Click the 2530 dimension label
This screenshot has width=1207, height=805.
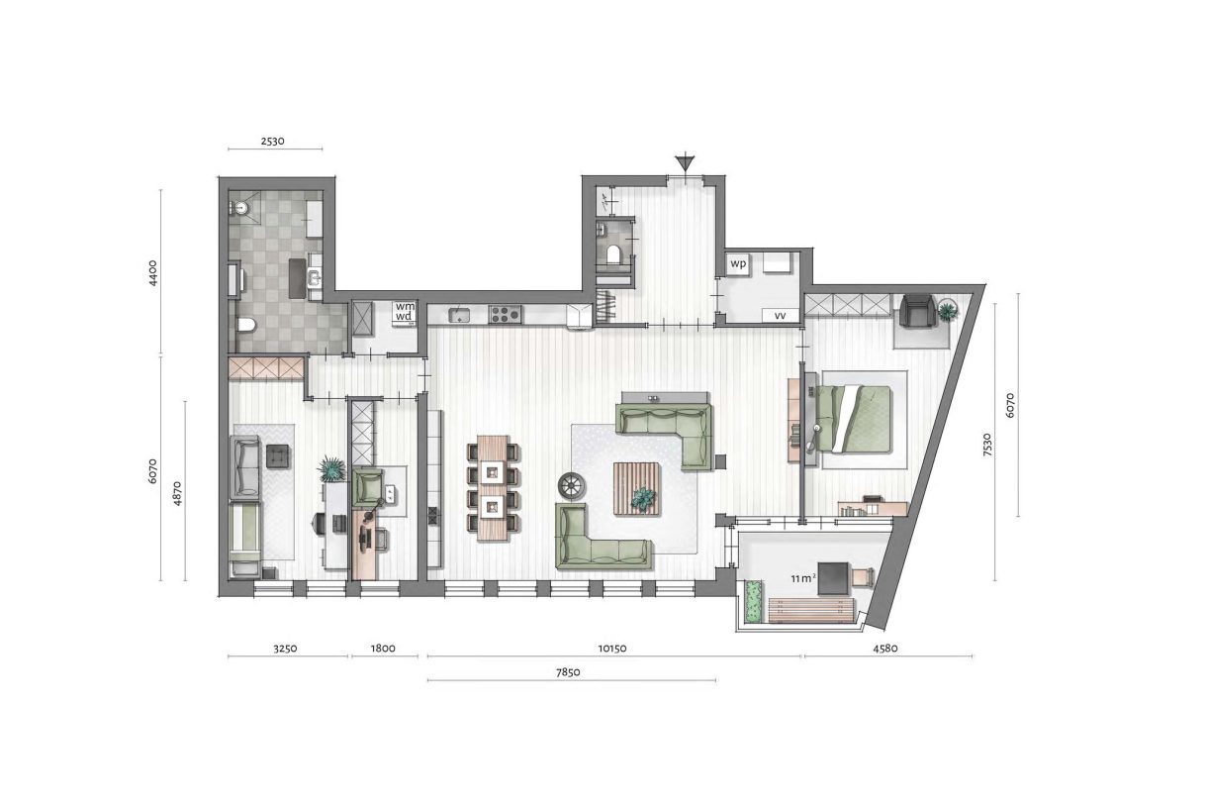(x=272, y=141)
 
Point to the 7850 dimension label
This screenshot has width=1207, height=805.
(x=571, y=671)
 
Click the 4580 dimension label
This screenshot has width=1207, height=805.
(x=886, y=649)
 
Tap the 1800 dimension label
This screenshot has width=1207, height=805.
(x=383, y=649)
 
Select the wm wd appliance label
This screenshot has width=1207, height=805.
(x=405, y=311)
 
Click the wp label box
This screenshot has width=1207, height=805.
(x=737, y=264)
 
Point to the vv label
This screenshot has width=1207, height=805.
(x=781, y=316)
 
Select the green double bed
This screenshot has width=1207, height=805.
(x=856, y=417)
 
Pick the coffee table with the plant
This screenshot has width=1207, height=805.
(x=637, y=488)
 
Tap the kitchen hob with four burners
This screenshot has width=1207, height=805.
(x=505, y=315)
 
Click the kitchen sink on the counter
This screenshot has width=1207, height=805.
(x=459, y=315)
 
